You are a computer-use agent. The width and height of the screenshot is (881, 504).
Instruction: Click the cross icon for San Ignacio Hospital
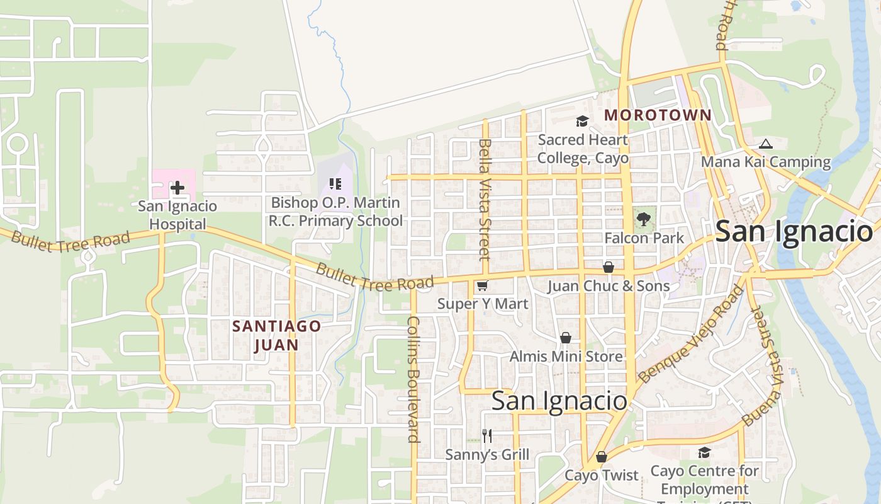(177, 187)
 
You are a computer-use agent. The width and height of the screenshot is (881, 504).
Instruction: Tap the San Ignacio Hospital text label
(177, 215)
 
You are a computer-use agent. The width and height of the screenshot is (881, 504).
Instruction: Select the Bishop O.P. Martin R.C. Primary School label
(335, 212)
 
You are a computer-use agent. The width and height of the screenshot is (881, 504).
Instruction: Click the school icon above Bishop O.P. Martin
(335, 184)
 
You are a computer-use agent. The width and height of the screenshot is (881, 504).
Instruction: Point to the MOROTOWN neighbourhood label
(658, 115)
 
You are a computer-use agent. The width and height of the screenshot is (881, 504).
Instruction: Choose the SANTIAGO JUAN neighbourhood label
(276, 335)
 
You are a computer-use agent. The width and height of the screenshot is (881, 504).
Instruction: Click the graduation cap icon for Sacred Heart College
(582, 122)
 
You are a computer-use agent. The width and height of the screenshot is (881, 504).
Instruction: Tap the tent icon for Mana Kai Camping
(765, 144)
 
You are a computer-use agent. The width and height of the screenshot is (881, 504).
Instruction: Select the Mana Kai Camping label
(766, 162)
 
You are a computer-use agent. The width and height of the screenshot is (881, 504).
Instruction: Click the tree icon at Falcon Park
(643, 219)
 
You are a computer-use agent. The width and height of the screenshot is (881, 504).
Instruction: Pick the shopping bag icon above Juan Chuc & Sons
(609, 267)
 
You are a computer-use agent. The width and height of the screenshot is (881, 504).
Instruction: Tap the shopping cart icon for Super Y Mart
(483, 286)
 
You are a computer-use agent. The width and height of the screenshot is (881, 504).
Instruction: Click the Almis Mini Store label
(566, 356)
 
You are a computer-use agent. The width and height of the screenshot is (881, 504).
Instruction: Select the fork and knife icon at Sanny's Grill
(486, 435)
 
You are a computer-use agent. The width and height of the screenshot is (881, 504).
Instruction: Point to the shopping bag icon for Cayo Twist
(602, 457)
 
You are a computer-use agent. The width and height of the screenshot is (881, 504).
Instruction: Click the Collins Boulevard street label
(413, 378)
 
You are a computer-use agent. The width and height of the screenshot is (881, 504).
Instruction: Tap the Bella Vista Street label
(484, 199)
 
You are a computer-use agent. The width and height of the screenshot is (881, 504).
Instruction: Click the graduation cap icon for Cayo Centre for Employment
(704, 453)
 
